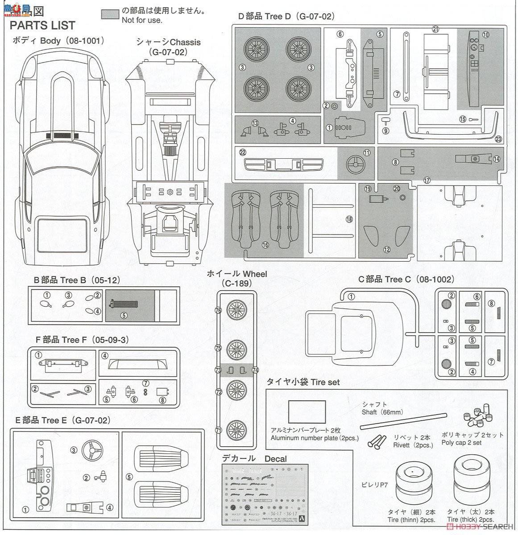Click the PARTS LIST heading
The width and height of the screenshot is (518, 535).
(x=42, y=25)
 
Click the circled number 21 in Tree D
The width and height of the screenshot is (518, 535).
(x=435, y=30)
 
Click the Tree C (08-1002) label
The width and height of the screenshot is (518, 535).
(x=406, y=280)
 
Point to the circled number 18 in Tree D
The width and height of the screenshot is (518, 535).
(x=349, y=219)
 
